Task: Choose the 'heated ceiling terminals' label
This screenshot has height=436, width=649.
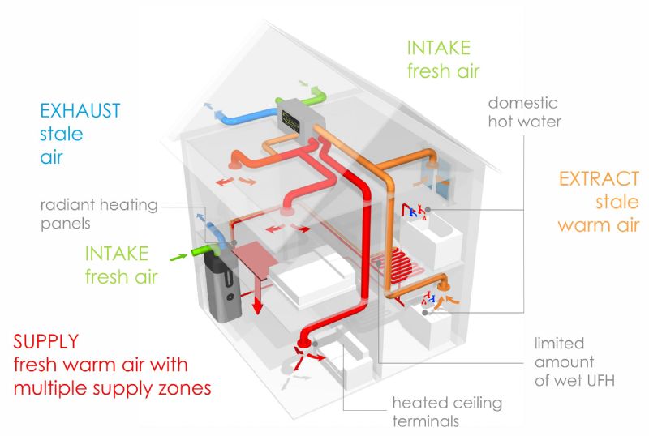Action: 447,412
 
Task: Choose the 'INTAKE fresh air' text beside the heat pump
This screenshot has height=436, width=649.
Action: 120,264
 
